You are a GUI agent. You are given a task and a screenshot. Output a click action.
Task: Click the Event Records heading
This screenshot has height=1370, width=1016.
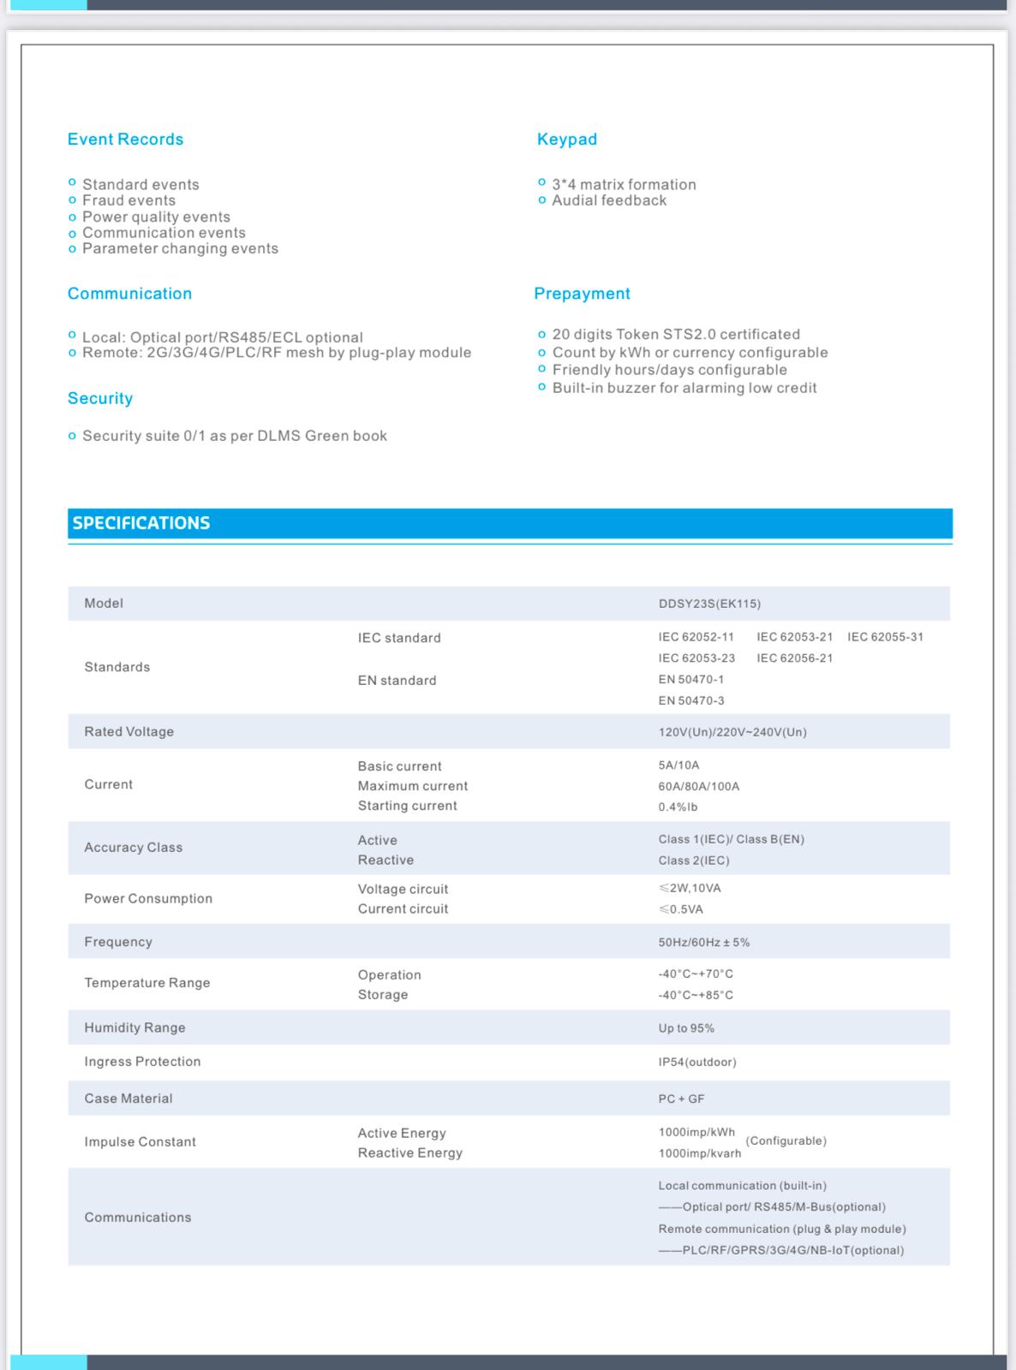click(x=125, y=140)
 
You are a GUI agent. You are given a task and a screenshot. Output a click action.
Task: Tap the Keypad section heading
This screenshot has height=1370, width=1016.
click(x=566, y=140)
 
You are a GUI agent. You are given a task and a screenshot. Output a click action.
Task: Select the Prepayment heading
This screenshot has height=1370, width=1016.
click(x=582, y=294)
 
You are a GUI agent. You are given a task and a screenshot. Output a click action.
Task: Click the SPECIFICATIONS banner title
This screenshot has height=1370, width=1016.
click(x=141, y=523)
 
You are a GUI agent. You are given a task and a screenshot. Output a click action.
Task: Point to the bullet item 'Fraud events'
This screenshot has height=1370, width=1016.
click(x=128, y=200)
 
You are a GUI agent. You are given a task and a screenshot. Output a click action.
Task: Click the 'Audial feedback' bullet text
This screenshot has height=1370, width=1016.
click(x=608, y=200)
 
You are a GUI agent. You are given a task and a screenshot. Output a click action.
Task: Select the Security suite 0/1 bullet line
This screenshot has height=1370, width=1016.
click(x=234, y=436)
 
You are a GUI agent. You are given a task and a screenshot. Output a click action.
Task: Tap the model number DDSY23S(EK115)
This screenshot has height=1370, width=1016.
click(x=709, y=604)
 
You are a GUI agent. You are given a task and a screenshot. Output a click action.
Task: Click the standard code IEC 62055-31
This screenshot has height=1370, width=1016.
click(x=885, y=637)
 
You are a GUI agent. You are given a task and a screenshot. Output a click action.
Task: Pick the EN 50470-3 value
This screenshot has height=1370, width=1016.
click(x=690, y=700)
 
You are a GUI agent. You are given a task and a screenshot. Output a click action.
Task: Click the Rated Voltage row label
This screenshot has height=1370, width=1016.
click(x=128, y=731)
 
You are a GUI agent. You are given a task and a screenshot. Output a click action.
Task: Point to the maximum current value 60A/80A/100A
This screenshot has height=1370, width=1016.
click(x=698, y=786)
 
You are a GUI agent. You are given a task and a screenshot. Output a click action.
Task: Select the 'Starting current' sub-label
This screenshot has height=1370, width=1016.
click(x=407, y=806)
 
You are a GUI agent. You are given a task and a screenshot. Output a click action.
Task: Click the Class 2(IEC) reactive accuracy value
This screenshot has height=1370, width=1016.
click(x=694, y=861)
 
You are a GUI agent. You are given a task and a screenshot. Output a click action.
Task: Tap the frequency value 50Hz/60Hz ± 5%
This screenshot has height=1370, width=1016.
click(x=703, y=942)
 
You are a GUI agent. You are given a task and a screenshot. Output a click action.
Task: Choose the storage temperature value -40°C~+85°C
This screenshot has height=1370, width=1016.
click(x=696, y=995)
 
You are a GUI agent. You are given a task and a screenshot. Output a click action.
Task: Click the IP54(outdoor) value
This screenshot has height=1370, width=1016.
click(x=697, y=1062)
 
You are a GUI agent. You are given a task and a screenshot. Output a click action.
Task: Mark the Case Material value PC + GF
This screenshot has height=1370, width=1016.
click(x=681, y=1099)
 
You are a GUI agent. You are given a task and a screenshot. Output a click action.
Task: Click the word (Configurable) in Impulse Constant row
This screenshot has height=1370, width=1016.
click(x=786, y=1141)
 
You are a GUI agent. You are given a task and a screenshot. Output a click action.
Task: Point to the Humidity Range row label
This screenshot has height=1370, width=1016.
click(x=134, y=1027)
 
